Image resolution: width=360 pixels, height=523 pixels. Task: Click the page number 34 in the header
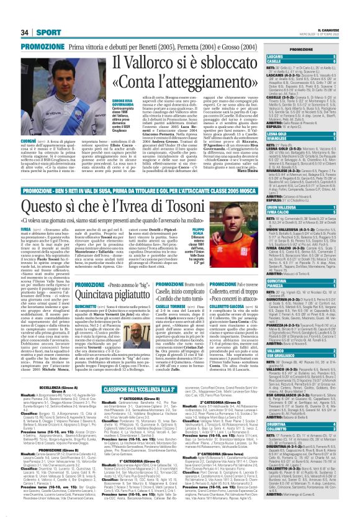pos(8,14)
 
